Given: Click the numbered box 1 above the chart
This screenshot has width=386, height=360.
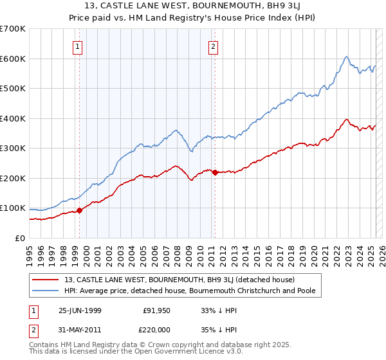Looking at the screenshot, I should pos(77,46).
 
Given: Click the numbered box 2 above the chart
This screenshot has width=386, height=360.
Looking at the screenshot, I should pos(213,46).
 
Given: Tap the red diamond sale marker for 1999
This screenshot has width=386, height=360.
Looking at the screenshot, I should pos(80,210).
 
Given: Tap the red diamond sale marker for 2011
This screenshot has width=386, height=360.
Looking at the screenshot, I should pos(215,172).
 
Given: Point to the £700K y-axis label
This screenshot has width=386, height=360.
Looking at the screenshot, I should pos(13,29).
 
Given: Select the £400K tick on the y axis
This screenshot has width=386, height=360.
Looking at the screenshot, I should pos(13,118).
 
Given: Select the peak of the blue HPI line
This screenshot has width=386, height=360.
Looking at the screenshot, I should pos(346,57).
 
